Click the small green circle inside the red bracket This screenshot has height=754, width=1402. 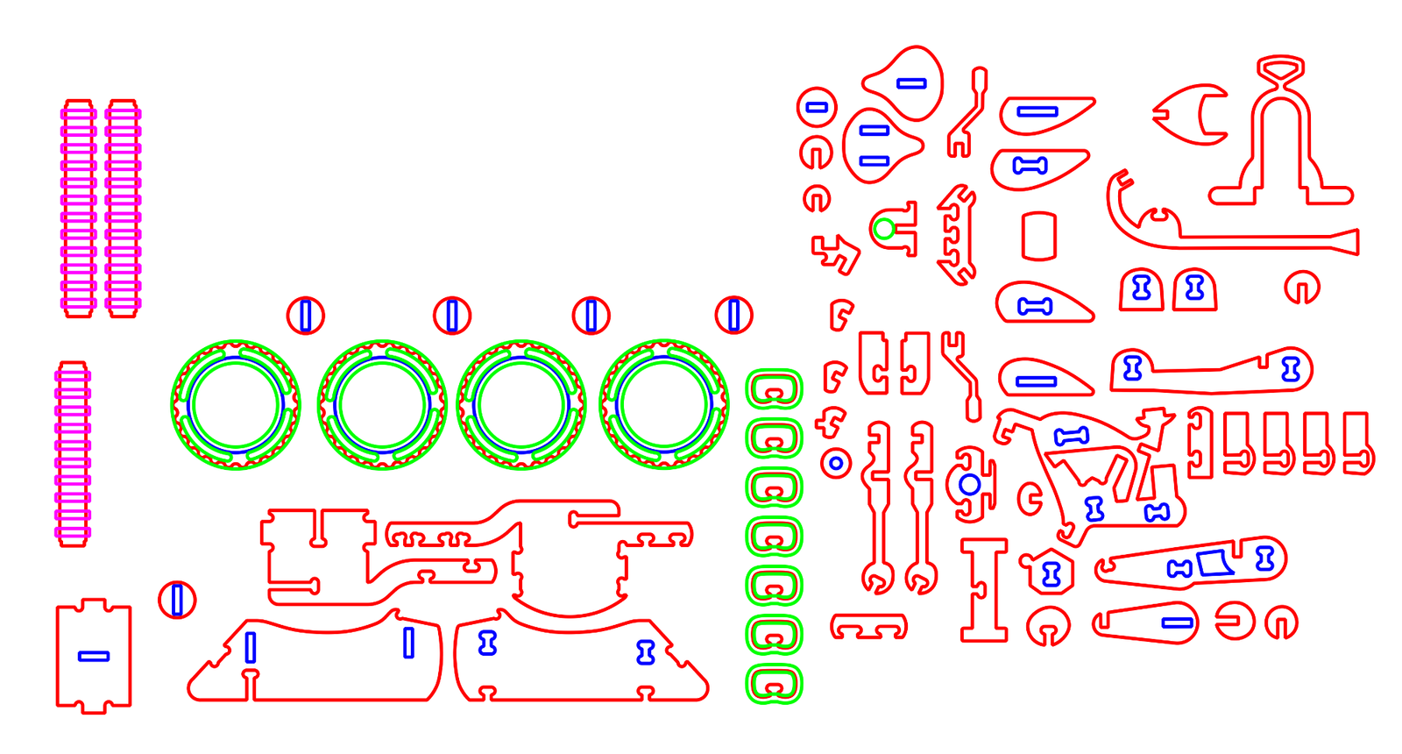[x=884, y=229]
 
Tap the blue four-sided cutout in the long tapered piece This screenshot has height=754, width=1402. [x=1214, y=563]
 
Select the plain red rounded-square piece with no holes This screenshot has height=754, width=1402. [x=1039, y=236]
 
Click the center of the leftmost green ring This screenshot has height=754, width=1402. [x=236, y=405]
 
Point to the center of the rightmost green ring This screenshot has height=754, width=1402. [x=664, y=405]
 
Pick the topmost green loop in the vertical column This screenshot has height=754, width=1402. [x=774, y=388]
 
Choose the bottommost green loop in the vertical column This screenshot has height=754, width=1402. [x=774, y=684]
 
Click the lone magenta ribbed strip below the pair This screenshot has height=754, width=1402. [x=73, y=454]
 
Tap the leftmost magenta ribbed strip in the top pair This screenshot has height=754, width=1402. [x=78, y=209]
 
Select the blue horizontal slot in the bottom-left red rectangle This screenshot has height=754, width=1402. [x=94, y=656]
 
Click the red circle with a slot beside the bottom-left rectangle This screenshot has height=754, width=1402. [x=177, y=600]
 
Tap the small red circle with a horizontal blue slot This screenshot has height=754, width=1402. [x=817, y=107]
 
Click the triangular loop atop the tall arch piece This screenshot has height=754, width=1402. [x=1280, y=68]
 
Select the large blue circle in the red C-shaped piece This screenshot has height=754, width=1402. [x=969, y=484]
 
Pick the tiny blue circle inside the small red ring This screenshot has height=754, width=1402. [x=836, y=463]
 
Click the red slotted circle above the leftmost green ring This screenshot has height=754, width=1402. [x=306, y=315]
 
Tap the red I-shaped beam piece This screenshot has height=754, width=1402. [x=984, y=590]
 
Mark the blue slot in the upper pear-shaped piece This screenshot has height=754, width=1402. [x=911, y=83]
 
